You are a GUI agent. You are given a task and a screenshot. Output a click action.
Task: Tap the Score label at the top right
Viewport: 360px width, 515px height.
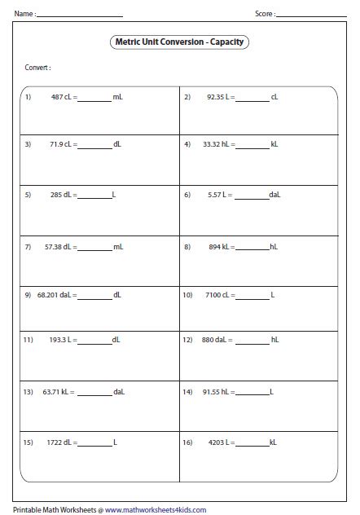point(265,14)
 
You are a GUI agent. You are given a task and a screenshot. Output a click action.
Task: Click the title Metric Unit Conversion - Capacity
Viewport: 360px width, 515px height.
point(179,42)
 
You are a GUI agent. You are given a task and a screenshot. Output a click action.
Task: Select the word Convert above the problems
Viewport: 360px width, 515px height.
point(37,68)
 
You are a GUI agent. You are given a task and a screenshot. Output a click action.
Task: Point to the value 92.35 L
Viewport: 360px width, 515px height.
point(219,97)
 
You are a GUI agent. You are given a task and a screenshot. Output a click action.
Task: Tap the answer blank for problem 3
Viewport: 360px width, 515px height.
point(95,145)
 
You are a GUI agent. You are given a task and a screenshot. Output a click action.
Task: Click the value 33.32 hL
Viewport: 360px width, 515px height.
point(217,145)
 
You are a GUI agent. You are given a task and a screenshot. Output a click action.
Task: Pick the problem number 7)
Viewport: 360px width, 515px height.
point(28,244)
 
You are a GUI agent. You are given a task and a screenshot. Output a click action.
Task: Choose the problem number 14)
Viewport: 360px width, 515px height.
point(187,391)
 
